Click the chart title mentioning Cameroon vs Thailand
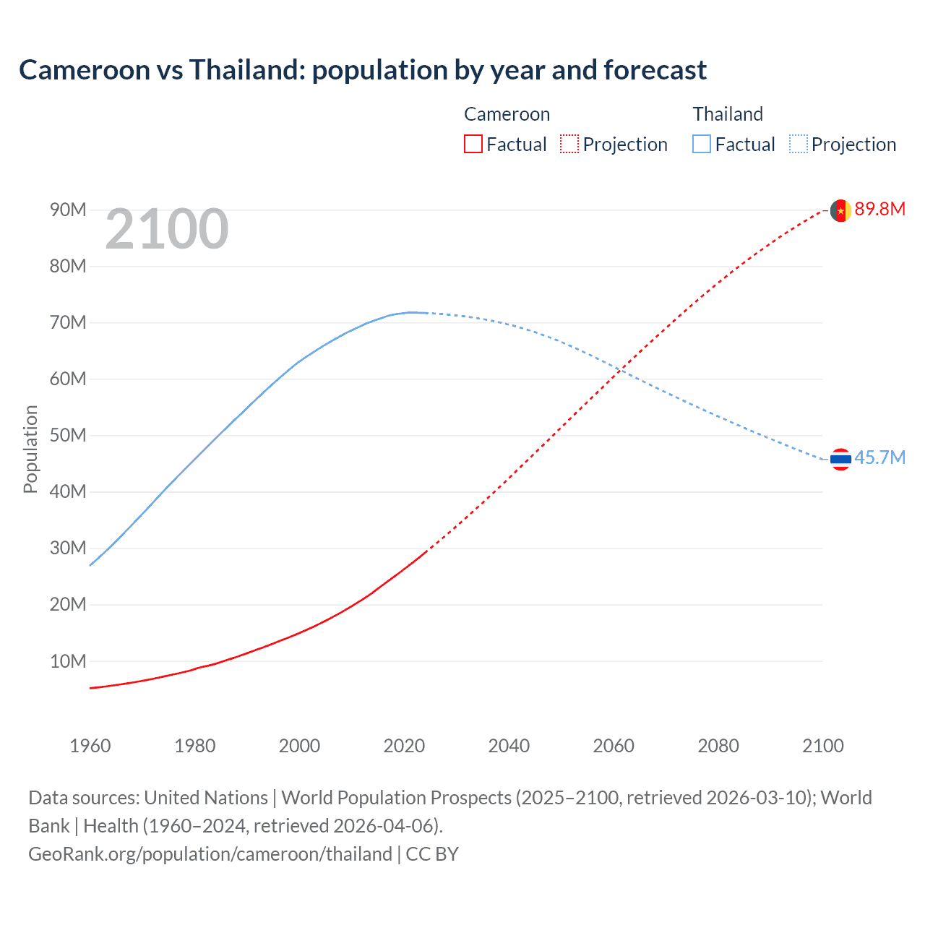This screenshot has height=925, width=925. tap(363, 70)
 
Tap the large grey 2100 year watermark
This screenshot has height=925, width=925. tap(167, 229)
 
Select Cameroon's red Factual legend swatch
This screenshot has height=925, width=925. tap(473, 144)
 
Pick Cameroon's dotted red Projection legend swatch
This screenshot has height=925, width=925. tap(569, 144)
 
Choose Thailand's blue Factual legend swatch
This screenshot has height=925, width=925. tap(702, 144)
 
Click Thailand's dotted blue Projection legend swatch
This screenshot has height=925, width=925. tap(798, 144)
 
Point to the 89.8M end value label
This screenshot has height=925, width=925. tap(879, 209)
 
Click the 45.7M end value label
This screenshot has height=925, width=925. tap(879, 457)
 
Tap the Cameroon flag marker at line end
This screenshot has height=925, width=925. tap(840, 210)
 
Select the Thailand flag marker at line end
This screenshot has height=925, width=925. tap(840, 459)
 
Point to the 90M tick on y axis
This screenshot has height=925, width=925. tap(68, 210)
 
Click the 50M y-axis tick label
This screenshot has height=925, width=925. tap(68, 435)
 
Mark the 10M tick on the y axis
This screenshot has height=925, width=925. tap(68, 661)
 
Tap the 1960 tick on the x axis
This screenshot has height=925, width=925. tap(90, 746)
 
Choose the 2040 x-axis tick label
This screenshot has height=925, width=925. tap(509, 746)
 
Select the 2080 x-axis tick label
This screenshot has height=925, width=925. tap(718, 746)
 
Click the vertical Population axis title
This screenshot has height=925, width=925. tap(30, 449)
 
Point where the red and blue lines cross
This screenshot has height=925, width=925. tap(621, 371)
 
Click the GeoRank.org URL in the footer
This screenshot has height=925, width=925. tap(210, 854)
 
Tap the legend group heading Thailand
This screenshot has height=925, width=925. tap(728, 114)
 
